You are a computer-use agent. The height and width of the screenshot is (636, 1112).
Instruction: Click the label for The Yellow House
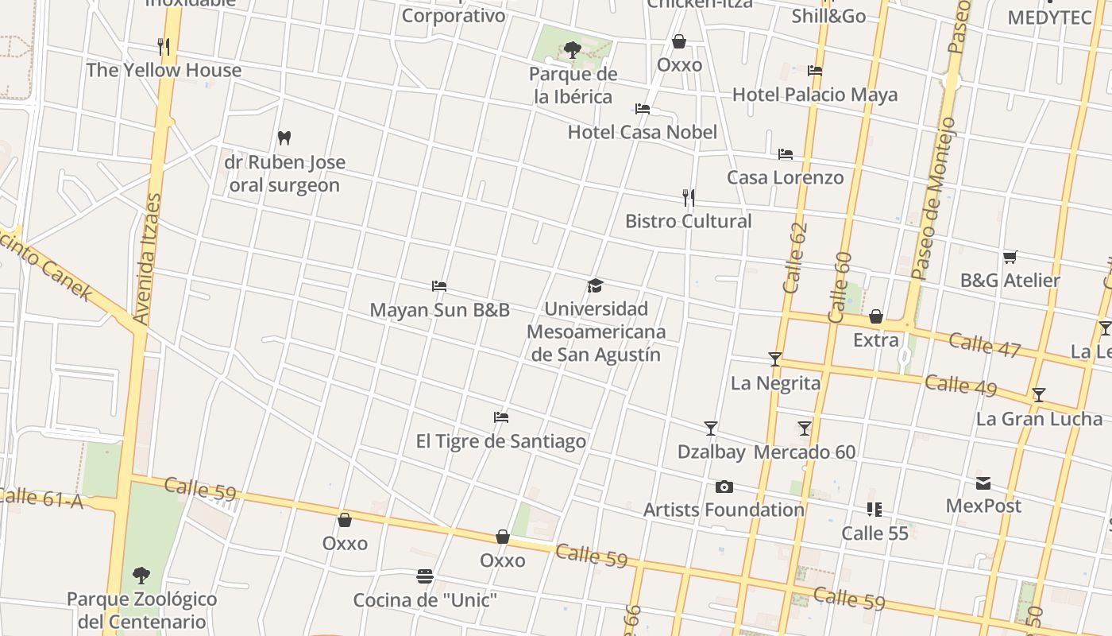164,70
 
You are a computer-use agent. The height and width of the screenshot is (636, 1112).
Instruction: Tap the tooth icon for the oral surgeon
284,138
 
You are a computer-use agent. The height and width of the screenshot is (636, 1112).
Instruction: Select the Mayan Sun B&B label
439,310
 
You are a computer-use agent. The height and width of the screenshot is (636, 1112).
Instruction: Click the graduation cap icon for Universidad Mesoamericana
595,285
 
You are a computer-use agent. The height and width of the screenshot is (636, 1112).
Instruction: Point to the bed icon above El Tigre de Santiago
500,417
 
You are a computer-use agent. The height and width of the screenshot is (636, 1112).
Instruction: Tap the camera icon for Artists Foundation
724,487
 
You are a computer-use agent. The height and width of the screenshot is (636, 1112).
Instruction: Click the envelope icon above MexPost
983,483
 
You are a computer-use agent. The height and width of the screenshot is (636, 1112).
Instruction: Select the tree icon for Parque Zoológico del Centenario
141,575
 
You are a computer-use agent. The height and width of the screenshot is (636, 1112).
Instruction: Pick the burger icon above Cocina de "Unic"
425,576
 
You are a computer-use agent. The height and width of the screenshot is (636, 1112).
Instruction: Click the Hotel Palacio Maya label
815,95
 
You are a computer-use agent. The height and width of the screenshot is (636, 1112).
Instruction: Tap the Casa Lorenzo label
785,177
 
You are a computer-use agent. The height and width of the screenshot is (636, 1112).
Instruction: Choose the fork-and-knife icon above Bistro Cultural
689,197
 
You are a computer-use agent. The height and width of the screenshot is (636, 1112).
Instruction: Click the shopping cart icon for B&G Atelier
1010,257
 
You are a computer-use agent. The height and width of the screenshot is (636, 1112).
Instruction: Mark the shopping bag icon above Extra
875,316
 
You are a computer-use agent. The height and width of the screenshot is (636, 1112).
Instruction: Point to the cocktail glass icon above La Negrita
775,359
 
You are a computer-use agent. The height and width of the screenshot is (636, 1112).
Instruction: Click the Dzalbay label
711,452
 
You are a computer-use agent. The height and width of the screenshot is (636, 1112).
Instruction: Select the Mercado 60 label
805,452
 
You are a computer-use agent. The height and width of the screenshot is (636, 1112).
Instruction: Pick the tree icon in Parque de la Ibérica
572,51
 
